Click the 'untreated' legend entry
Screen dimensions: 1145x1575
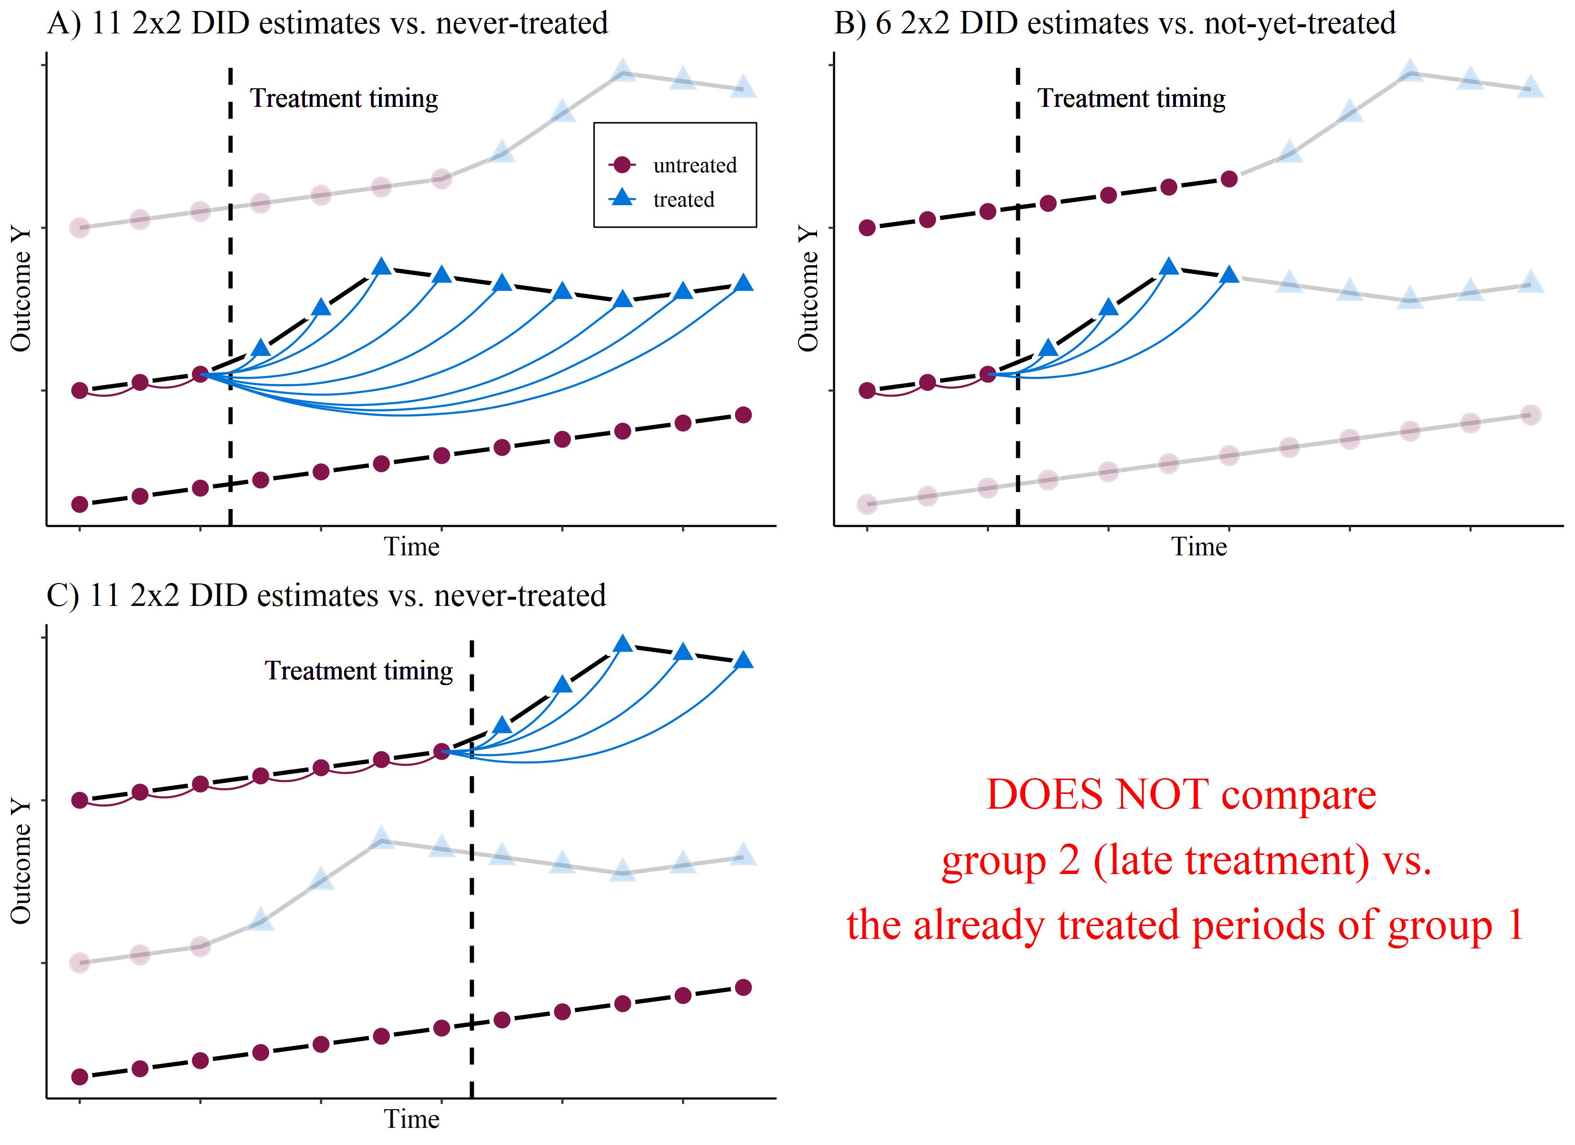pos(694,165)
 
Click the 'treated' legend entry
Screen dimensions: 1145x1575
pos(683,200)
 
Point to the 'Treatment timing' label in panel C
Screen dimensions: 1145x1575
pos(358,671)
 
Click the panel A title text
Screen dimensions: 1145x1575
pos(327,23)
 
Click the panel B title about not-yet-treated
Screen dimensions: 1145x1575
pos(1114,23)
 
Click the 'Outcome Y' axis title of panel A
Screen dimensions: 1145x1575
pos(21,290)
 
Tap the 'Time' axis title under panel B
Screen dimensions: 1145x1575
pos(1199,547)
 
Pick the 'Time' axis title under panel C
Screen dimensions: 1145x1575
pos(412,1119)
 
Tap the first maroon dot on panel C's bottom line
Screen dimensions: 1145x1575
pos(80,1077)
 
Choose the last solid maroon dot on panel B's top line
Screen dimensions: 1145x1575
pos(1229,179)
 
